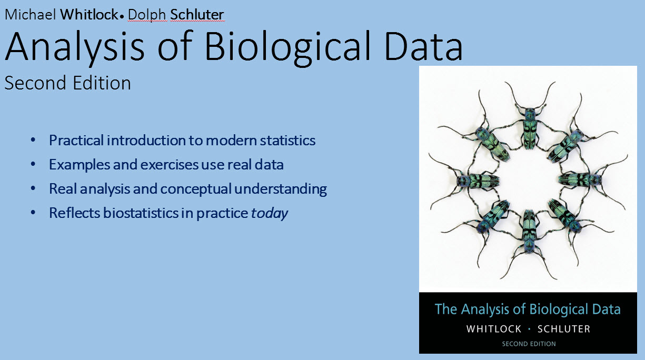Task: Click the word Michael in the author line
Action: coord(30,15)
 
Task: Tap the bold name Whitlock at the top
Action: coord(90,15)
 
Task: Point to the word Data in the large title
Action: coord(423,46)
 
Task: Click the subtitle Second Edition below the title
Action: coord(68,83)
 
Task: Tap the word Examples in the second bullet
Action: coord(80,165)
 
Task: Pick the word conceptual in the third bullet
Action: coord(196,189)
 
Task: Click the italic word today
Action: coord(270,214)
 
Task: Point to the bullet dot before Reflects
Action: coord(33,213)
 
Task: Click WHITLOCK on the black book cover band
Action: coord(494,329)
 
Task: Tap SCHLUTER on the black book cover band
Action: coord(564,329)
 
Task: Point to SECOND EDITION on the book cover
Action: coord(529,344)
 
